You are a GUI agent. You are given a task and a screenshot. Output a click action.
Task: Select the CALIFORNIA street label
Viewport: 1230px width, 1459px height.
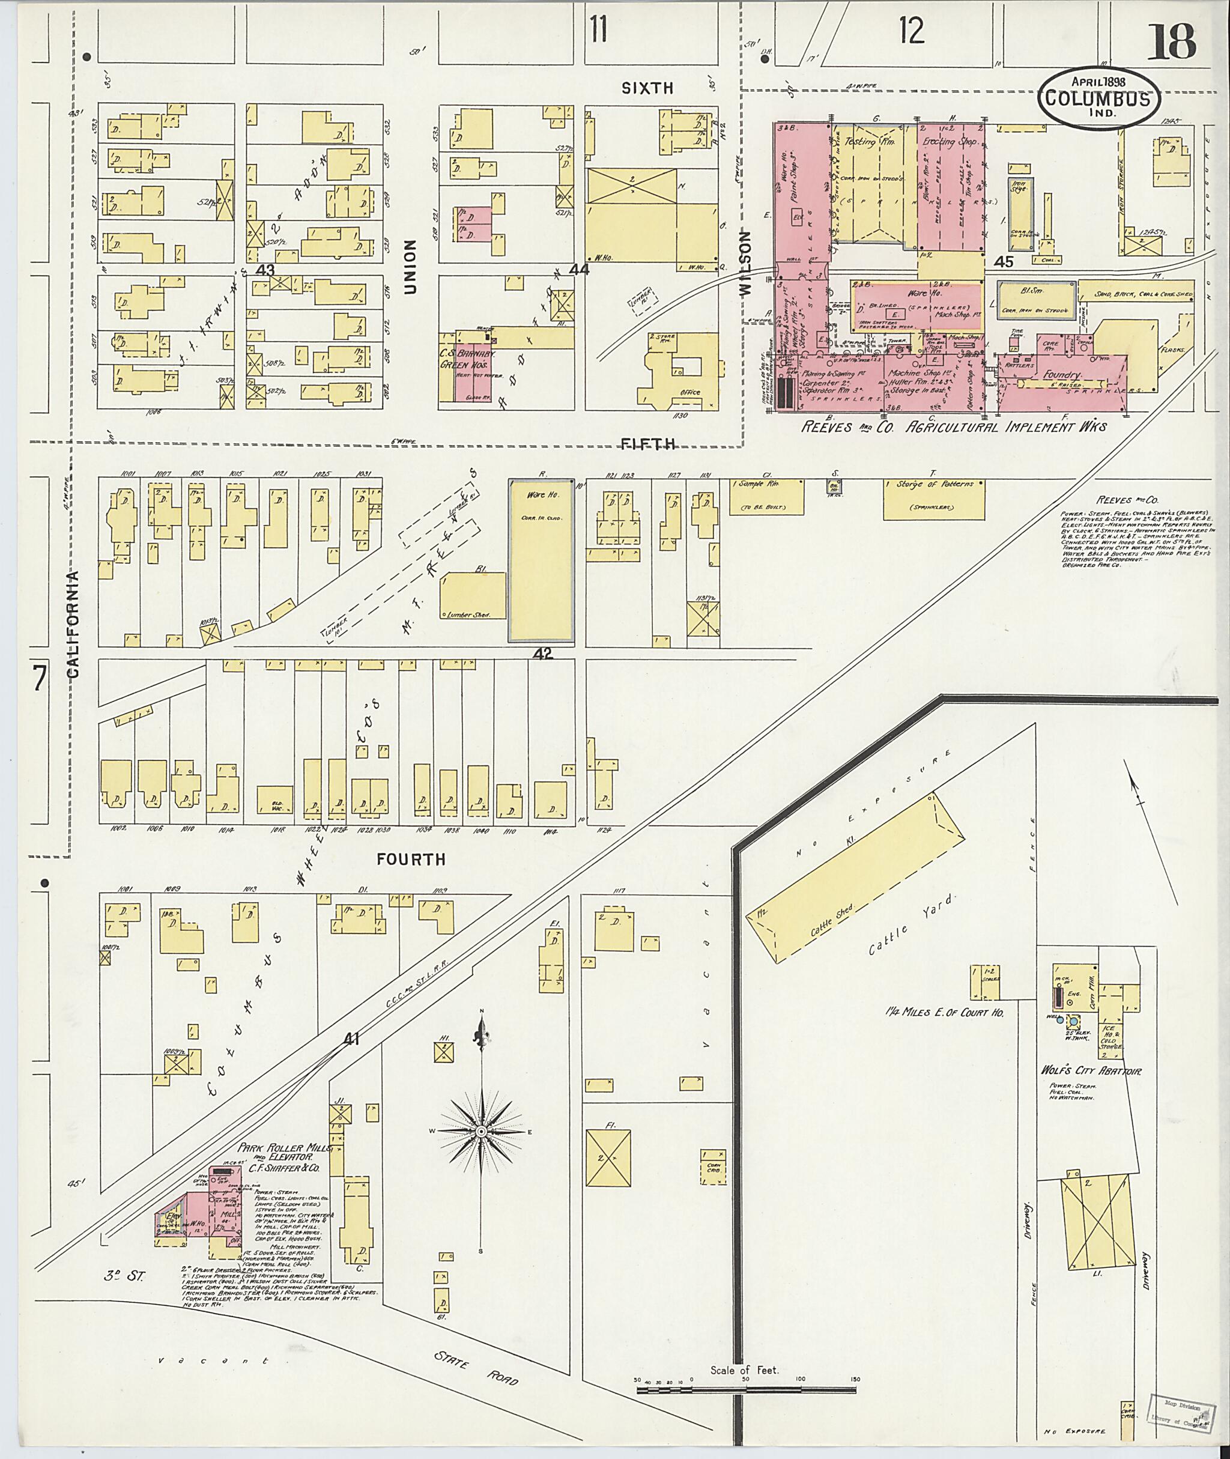[74, 623]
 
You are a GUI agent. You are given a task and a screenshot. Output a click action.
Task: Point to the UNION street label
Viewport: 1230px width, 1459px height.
[410, 267]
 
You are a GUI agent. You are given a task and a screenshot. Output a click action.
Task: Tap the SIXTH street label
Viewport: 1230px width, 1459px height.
[648, 88]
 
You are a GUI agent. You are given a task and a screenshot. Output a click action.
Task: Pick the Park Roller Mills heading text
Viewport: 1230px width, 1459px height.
[285, 1147]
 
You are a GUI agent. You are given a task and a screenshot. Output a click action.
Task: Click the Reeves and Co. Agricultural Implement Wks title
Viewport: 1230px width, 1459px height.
[953, 426]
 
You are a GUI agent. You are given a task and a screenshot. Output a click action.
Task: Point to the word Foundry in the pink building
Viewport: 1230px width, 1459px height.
[1061, 374]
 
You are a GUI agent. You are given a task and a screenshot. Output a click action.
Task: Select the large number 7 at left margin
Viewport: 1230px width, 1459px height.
[39, 679]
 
